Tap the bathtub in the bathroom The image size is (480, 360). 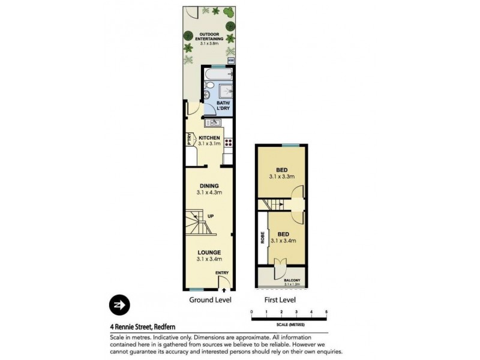[x=217, y=74]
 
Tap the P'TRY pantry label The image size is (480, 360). [x=189, y=139]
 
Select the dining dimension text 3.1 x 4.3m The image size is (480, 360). [x=209, y=193]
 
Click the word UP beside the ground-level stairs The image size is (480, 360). [x=211, y=217]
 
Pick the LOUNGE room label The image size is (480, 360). [x=209, y=252]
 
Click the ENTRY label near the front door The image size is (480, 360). [x=223, y=274]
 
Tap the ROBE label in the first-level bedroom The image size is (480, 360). [x=262, y=238]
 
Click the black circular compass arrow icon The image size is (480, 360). [x=119, y=305]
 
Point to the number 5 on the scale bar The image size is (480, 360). [x=326, y=312]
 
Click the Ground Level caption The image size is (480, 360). [x=210, y=299]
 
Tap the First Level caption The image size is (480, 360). [x=280, y=299]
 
